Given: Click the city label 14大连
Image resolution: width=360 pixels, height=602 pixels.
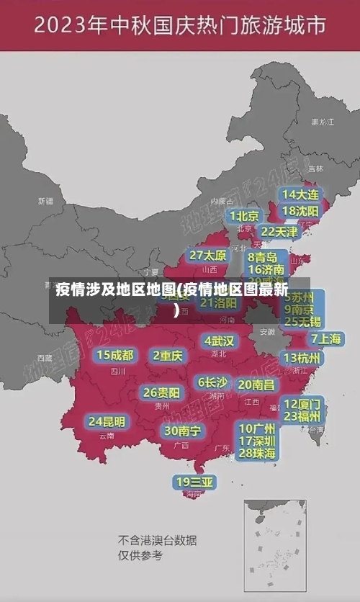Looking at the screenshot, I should [x=300, y=194].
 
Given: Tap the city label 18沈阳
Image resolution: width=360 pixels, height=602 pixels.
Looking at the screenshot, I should [x=300, y=211].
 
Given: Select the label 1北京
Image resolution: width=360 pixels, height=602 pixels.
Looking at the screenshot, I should [x=245, y=216].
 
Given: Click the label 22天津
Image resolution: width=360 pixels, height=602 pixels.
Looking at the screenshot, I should [x=279, y=232].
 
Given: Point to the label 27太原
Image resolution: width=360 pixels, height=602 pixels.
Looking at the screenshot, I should [x=208, y=256].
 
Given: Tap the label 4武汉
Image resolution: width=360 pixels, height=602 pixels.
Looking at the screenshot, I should [x=220, y=341].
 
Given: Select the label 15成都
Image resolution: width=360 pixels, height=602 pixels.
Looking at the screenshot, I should [x=115, y=355].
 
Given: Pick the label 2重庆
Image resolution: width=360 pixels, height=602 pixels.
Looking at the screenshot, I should [x=168, y=355].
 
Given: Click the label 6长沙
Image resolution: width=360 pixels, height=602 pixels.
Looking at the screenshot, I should [x=213, y=382].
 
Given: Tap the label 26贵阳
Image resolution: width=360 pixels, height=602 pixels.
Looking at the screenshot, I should [x=161, y=392].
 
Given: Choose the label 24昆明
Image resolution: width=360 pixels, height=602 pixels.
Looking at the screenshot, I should [x=107, y=421].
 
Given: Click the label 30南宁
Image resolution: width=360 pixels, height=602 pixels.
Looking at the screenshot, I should [x=183, y=431].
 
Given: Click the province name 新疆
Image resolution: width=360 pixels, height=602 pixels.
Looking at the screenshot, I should [x=45, y=201].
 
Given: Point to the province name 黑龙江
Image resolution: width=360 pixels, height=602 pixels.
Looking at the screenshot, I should [x=323, y=122].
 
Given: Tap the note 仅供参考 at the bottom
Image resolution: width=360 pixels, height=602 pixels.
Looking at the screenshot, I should [x=140, y=556].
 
